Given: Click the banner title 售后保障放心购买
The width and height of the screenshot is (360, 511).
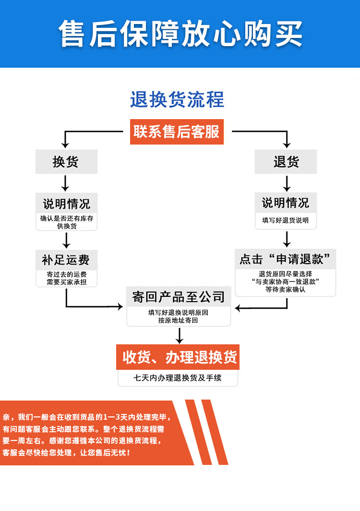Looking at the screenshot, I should [180, 33].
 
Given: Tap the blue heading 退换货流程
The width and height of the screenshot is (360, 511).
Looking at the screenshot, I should [177, 100].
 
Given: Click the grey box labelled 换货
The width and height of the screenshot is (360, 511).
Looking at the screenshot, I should [66, 162].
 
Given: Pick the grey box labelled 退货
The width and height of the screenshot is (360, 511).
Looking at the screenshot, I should [286, 162].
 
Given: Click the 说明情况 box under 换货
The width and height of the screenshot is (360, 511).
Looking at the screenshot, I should [66, 203].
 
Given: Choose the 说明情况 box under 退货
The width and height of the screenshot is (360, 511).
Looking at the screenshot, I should [286, 203].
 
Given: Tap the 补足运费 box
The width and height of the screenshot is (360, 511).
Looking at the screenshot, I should [66, 260].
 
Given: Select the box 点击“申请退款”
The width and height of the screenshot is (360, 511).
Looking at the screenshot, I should [285, 260].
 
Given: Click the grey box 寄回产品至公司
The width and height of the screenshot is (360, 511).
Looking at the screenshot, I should [179, 297].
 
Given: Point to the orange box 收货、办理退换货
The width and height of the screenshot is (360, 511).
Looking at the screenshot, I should [179, 357].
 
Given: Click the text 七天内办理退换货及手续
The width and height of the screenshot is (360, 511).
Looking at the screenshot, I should [178, 378].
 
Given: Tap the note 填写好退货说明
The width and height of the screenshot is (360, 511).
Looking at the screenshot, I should [286, 221].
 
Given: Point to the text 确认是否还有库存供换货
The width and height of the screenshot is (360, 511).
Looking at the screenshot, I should [66, 222].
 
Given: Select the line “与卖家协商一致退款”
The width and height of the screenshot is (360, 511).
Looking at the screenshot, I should [286, 281].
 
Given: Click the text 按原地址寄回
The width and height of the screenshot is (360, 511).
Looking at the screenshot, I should [178, 320].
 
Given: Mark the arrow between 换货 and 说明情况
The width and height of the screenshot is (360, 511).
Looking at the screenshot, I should [66, 183].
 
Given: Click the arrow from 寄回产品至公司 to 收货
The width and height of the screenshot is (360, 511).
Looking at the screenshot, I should [179, 335].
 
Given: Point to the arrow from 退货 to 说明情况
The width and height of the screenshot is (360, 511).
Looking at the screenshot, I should [287, 183].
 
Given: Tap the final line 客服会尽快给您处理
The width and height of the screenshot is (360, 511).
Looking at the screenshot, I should [66, 453].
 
